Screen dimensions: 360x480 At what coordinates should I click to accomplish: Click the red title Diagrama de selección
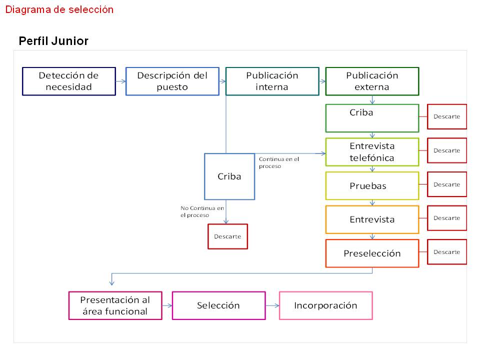(59, 9)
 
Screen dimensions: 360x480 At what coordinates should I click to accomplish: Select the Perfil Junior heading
(53, 41)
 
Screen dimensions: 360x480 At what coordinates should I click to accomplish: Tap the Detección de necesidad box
(69, 81)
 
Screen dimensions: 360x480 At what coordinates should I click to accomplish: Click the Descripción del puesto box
(172, 81)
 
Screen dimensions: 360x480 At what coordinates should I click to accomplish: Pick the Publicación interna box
(272, 81)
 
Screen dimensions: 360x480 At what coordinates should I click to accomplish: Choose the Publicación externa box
(372, 81)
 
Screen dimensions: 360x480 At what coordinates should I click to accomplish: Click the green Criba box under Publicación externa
(372, 118)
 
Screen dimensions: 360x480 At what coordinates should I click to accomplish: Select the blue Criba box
(229, 176)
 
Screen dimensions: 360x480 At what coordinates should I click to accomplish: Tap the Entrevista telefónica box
(372, 152)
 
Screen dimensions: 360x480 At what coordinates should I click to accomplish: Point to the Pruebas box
(372, 186)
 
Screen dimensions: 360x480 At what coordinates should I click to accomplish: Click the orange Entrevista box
(372, 219)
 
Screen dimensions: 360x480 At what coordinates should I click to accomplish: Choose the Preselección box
(372, 253)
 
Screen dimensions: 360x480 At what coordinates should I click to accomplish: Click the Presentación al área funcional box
(115, 305)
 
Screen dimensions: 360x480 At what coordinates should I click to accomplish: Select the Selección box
(218, 305)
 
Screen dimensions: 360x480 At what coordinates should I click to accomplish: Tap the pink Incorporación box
(325, 305)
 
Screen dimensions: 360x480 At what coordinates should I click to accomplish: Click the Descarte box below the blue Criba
(227, 236)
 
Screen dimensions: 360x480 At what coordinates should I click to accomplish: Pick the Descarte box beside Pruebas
(446, 184)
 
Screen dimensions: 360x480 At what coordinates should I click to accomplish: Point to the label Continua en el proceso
(278, 162)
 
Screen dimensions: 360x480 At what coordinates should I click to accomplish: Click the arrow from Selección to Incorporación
(272, 305)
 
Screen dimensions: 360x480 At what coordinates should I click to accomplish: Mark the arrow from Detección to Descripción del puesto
(120, 81)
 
